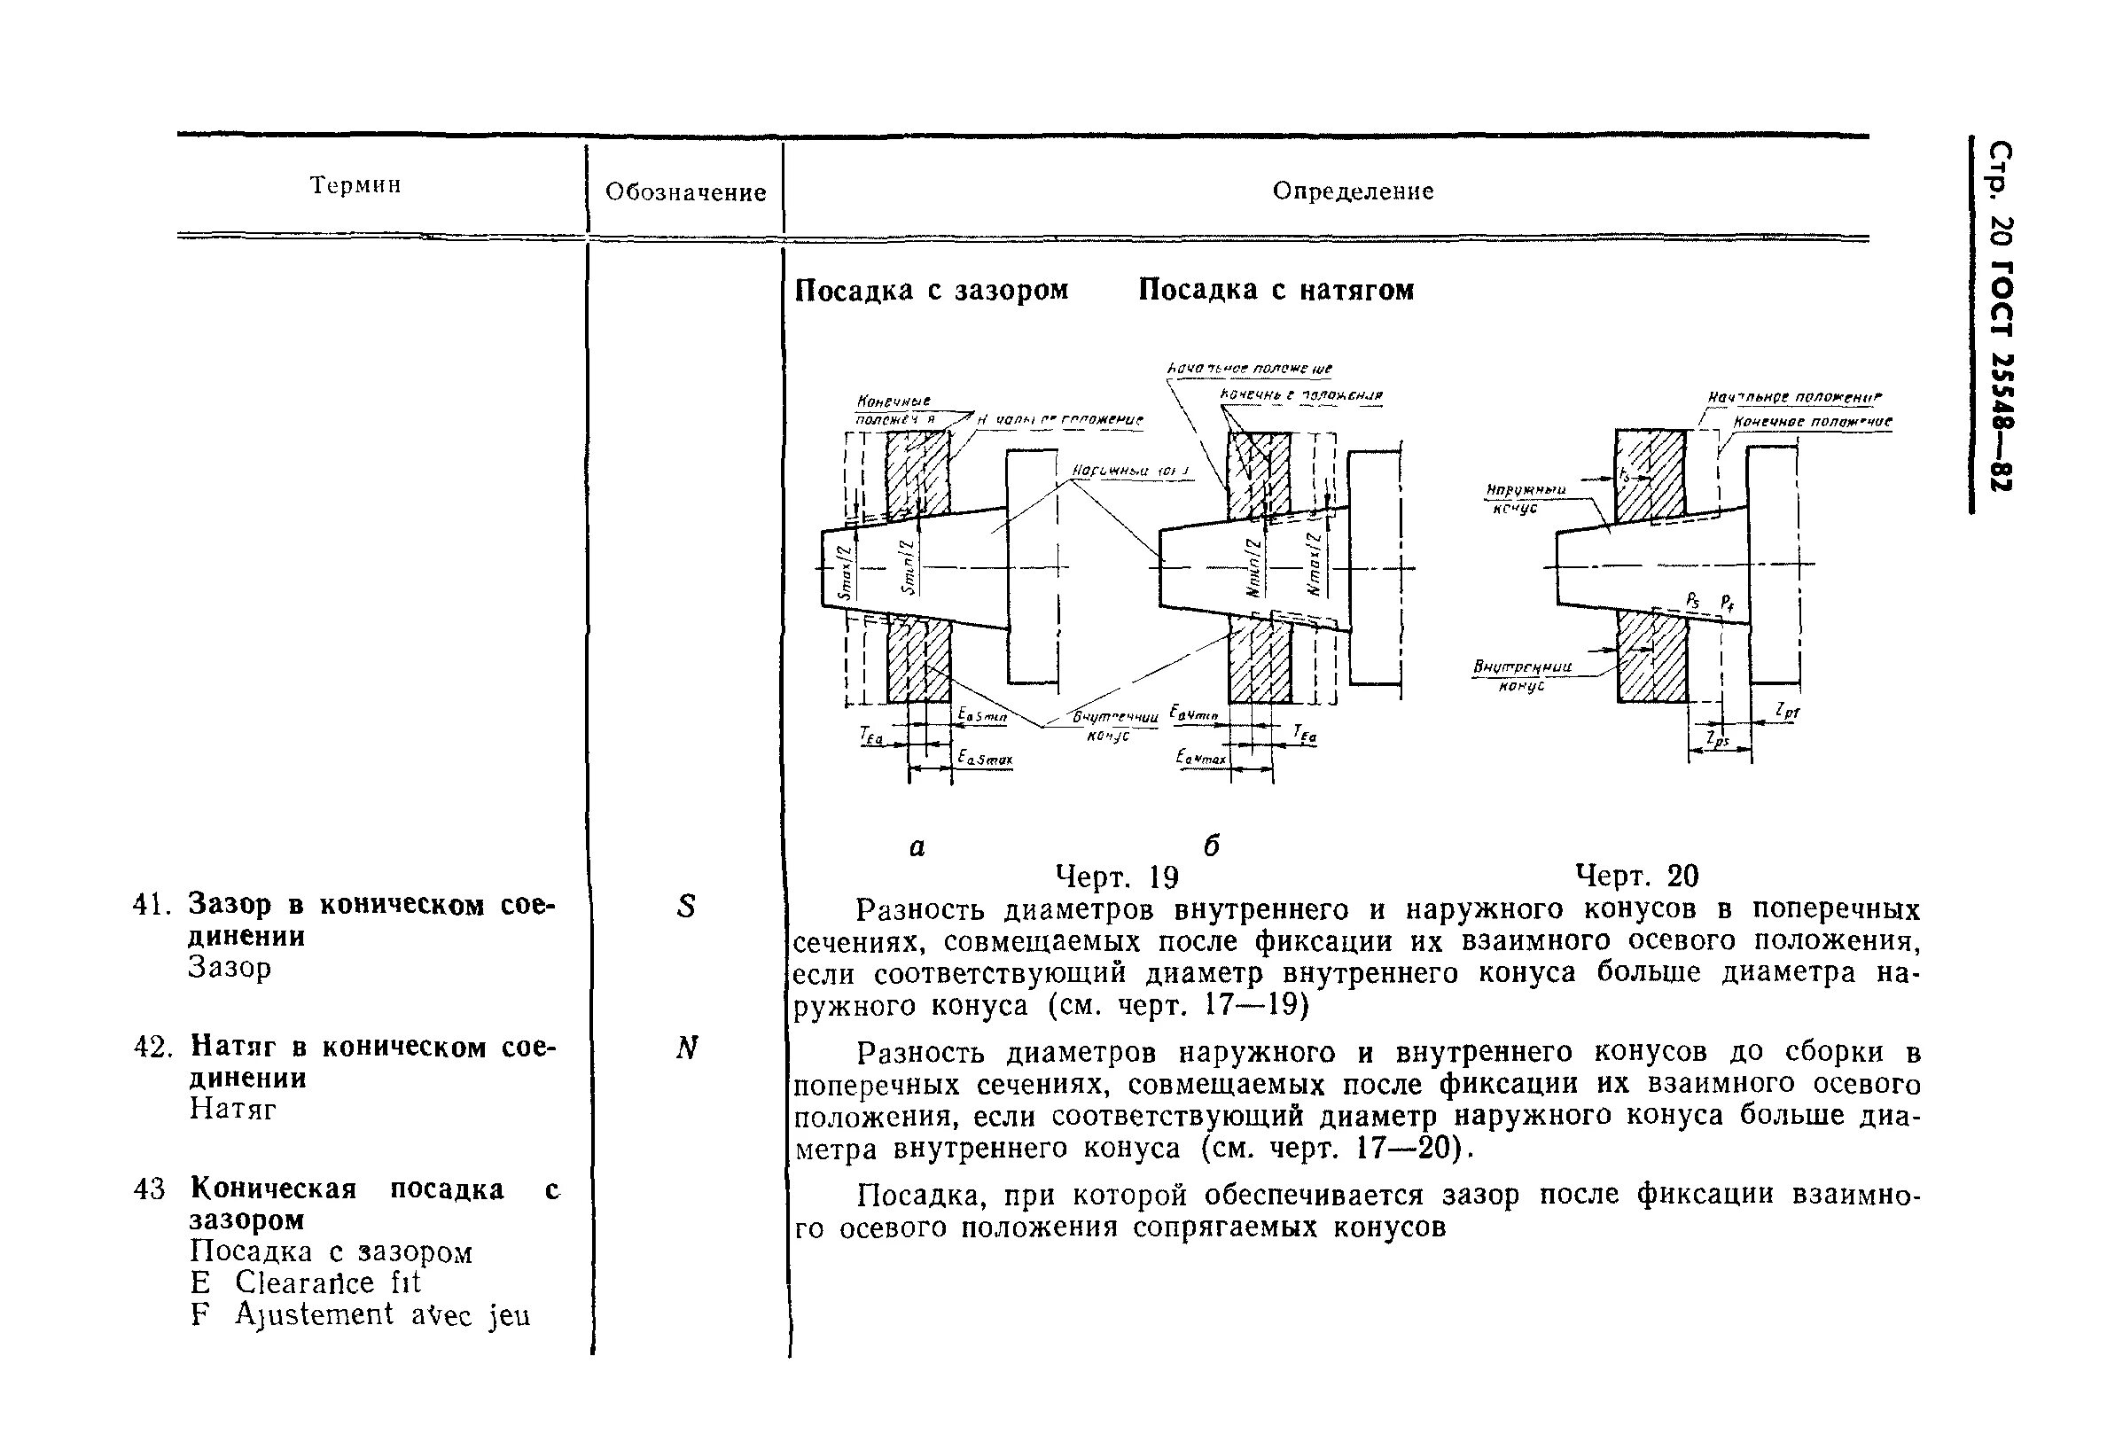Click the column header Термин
[355, 185]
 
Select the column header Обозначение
[685, 192]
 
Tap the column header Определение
[1353, 191]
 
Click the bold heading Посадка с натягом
[1276, 290]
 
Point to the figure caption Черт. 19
[1116, 877]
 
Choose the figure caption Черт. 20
[1636, 875]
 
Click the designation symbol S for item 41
[685, 906]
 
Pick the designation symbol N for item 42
[686, 1048]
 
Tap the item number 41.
[152, 905]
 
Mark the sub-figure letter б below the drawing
[1210, 846]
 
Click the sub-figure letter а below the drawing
[917, 847]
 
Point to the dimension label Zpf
[1787, 711]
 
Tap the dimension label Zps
[1718, 739]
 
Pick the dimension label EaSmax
[984, 757]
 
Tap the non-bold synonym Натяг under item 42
[231, 1109]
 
